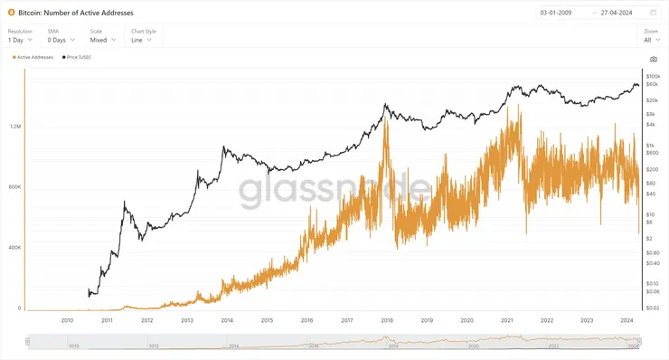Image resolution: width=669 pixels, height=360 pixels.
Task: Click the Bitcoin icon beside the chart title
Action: [11, 13]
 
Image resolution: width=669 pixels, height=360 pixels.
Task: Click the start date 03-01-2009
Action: [556, 13]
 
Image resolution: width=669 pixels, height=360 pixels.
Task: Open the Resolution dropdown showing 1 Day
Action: [20, 40]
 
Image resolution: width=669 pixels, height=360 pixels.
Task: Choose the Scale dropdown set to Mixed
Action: [101, 40]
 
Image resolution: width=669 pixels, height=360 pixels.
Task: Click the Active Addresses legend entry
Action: [33, 56]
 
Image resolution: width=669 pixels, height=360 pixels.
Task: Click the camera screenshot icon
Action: [654, 59]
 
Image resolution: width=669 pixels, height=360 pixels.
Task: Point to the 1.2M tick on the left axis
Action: [14, 127]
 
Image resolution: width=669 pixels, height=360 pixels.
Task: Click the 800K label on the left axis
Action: [14, 187]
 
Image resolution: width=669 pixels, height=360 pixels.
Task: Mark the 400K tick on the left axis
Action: [14, 248]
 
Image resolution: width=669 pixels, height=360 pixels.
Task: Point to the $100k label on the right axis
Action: [653, 77]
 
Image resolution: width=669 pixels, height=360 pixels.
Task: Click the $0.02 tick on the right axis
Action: [653, 308]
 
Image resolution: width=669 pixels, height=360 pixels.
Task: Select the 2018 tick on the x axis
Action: [386, 320]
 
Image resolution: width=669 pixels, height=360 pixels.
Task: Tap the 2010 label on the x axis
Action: [67, 320]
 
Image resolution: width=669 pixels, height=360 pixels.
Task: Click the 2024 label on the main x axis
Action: [627, 320]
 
